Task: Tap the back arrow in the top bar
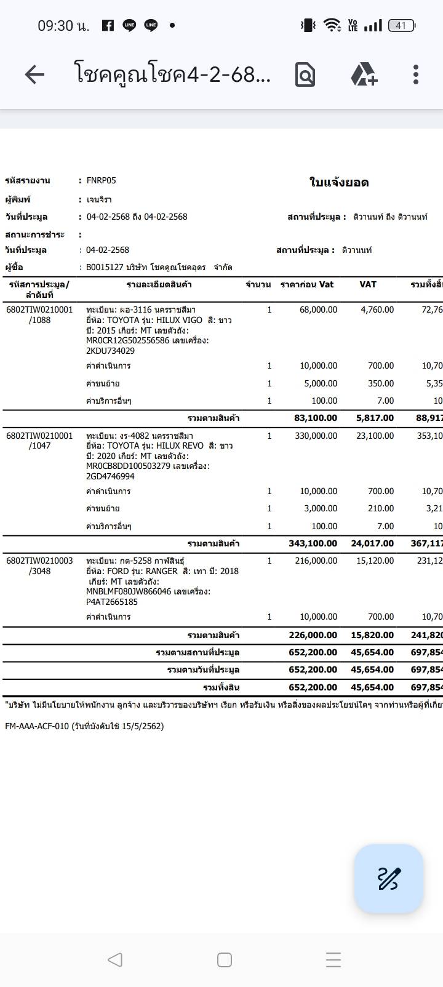point(34,74)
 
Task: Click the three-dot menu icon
point(416,74)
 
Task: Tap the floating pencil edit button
point(389,878)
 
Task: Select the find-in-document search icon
point(305,75)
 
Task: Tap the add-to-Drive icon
point(364,74)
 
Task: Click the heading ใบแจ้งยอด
point(339,183)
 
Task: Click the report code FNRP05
point(101,180)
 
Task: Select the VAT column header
point(368,284)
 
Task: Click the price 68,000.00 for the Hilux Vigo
point(318,310)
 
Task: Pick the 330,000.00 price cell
point(316,436)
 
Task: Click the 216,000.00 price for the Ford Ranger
point(316,561)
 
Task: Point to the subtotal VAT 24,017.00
point(372,543)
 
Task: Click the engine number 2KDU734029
point(110,351)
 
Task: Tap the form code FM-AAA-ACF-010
point(37,726)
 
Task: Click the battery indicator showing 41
point(401,25)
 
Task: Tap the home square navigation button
point(225,960)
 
